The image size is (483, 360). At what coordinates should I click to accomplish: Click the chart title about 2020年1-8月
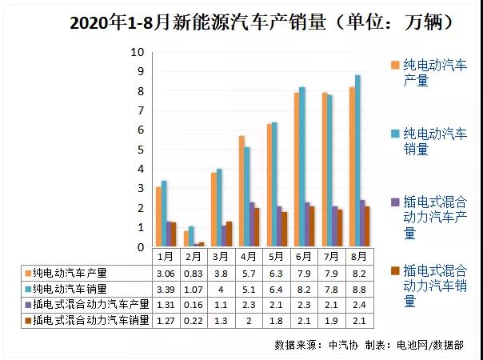coord(240,22)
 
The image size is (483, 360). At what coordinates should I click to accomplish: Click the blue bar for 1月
coord(164,214)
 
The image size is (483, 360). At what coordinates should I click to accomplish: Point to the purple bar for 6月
coord(307,225)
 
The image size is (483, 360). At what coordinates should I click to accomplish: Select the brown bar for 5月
coord(285,230)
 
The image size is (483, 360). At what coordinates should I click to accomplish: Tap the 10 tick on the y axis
coord(138,52)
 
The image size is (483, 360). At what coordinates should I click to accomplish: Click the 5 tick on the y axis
coord(141,150)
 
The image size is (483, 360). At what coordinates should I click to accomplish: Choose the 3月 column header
coord(219,257)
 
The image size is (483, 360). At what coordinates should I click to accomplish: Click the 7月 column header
coord(331,257)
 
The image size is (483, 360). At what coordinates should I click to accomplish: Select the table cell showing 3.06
coord(164,273)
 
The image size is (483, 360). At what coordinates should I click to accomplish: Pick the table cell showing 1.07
coord(191,289)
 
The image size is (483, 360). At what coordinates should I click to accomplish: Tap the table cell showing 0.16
coord(191,305)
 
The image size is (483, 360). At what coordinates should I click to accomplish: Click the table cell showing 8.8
coord(359,289)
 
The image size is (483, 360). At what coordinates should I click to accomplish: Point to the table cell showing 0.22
coord(191,321)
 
